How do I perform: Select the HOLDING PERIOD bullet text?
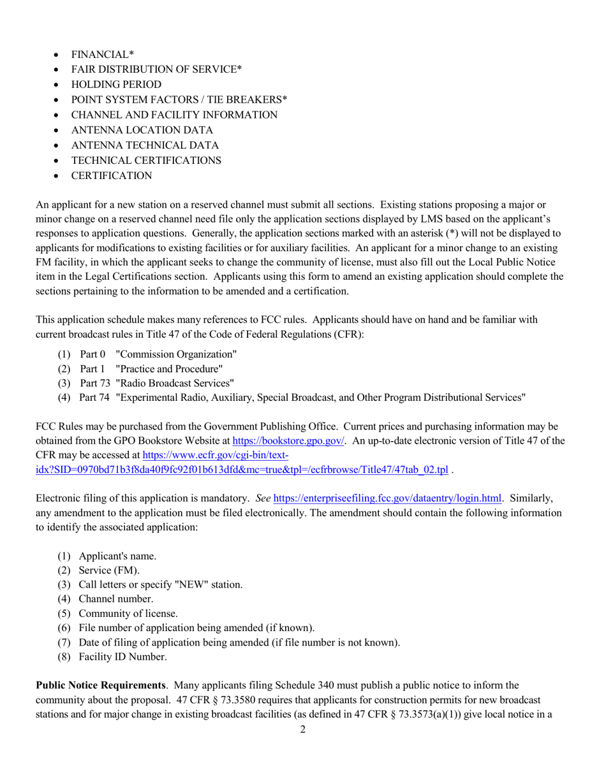116,85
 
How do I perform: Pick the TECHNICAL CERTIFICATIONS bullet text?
146,161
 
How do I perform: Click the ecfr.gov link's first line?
216,455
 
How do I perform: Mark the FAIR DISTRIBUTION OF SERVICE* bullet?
156,69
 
